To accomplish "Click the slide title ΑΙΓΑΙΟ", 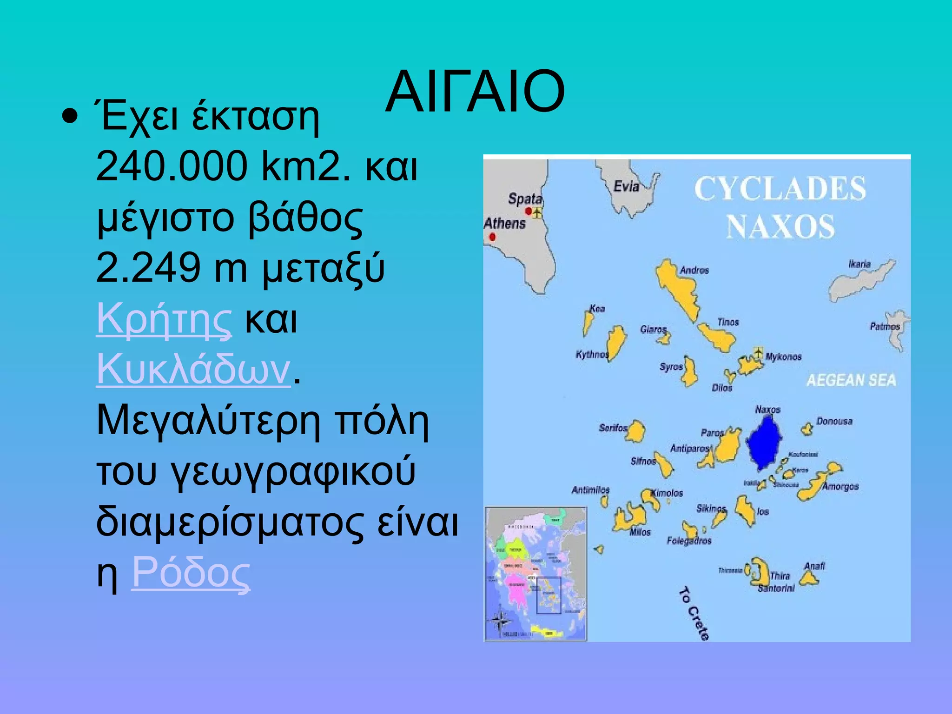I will click(475, 92).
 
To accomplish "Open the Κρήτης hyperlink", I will click(164, 319).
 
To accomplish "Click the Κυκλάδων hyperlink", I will click(193, 370).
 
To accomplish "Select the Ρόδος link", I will click(191, 573).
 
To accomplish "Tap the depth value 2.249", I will click(148, 268).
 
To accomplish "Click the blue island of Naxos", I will click(763, 443).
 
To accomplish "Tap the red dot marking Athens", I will click(492, 237).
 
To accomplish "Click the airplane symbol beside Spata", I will click(537, 213).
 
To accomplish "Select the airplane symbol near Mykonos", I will click(758, 351).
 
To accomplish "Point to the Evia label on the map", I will click(626, 187).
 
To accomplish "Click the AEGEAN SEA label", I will click(851, 380).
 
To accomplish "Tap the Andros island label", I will click(694, 270).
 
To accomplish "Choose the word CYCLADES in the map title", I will click(780, 189).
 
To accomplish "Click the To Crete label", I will click(694, 614).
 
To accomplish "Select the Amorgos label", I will click(840, 487).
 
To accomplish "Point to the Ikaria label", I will click(859, 264).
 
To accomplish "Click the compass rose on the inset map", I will click(500, 621).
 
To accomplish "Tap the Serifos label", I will click(613, 428).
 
